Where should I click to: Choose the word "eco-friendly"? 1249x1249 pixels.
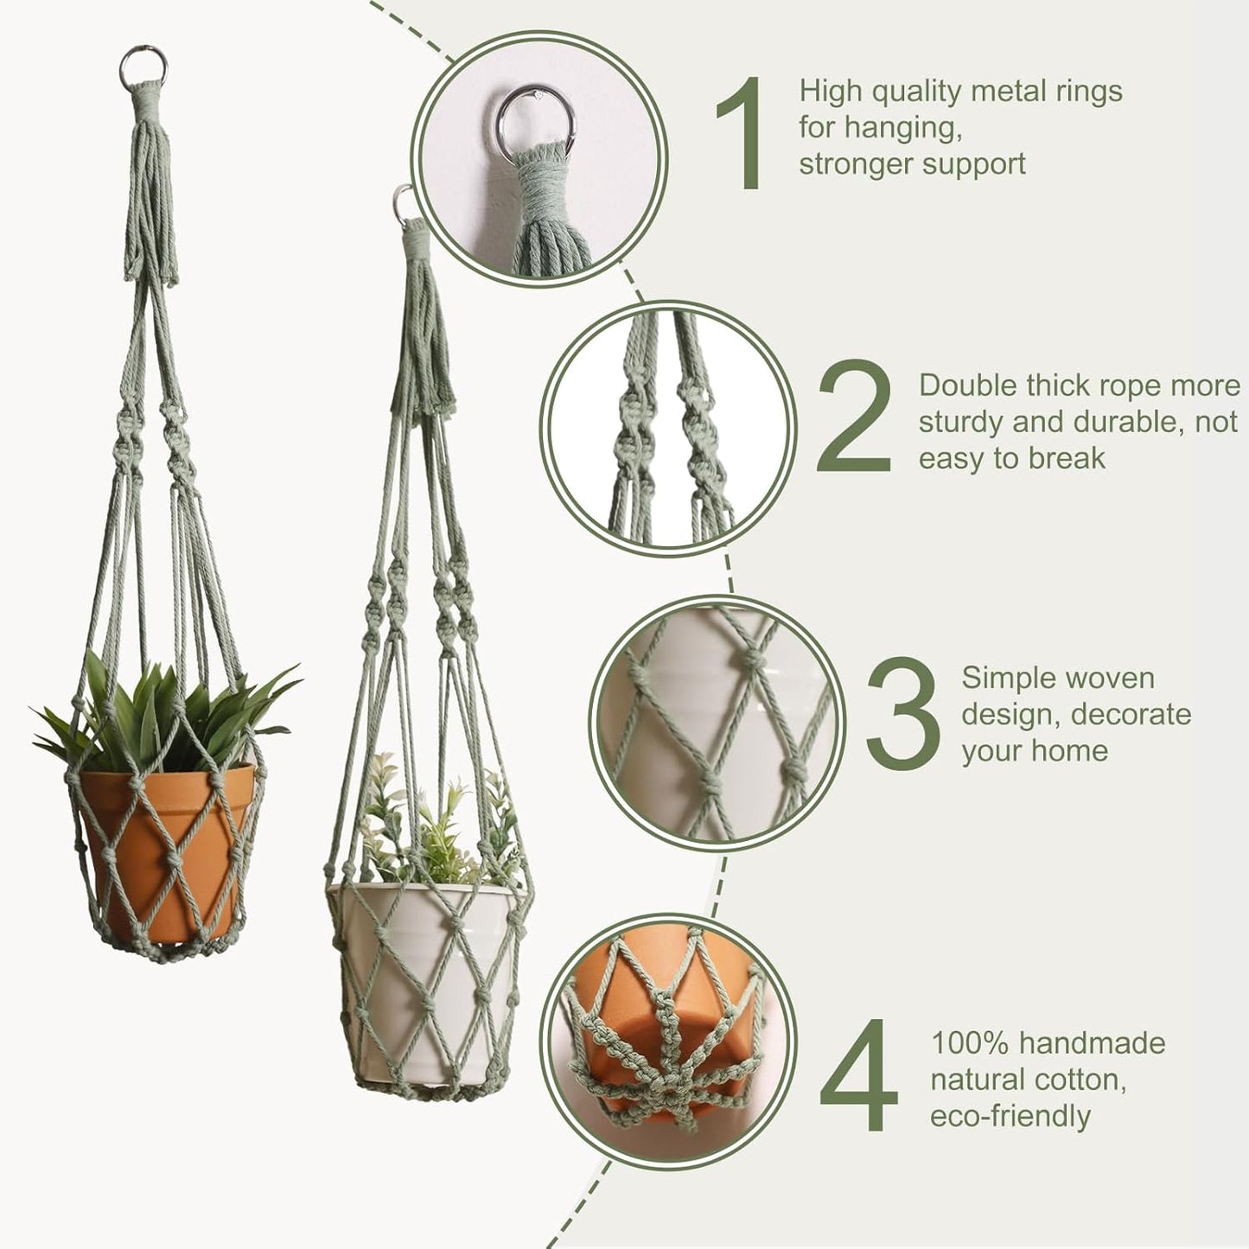coord(1010,1116)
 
